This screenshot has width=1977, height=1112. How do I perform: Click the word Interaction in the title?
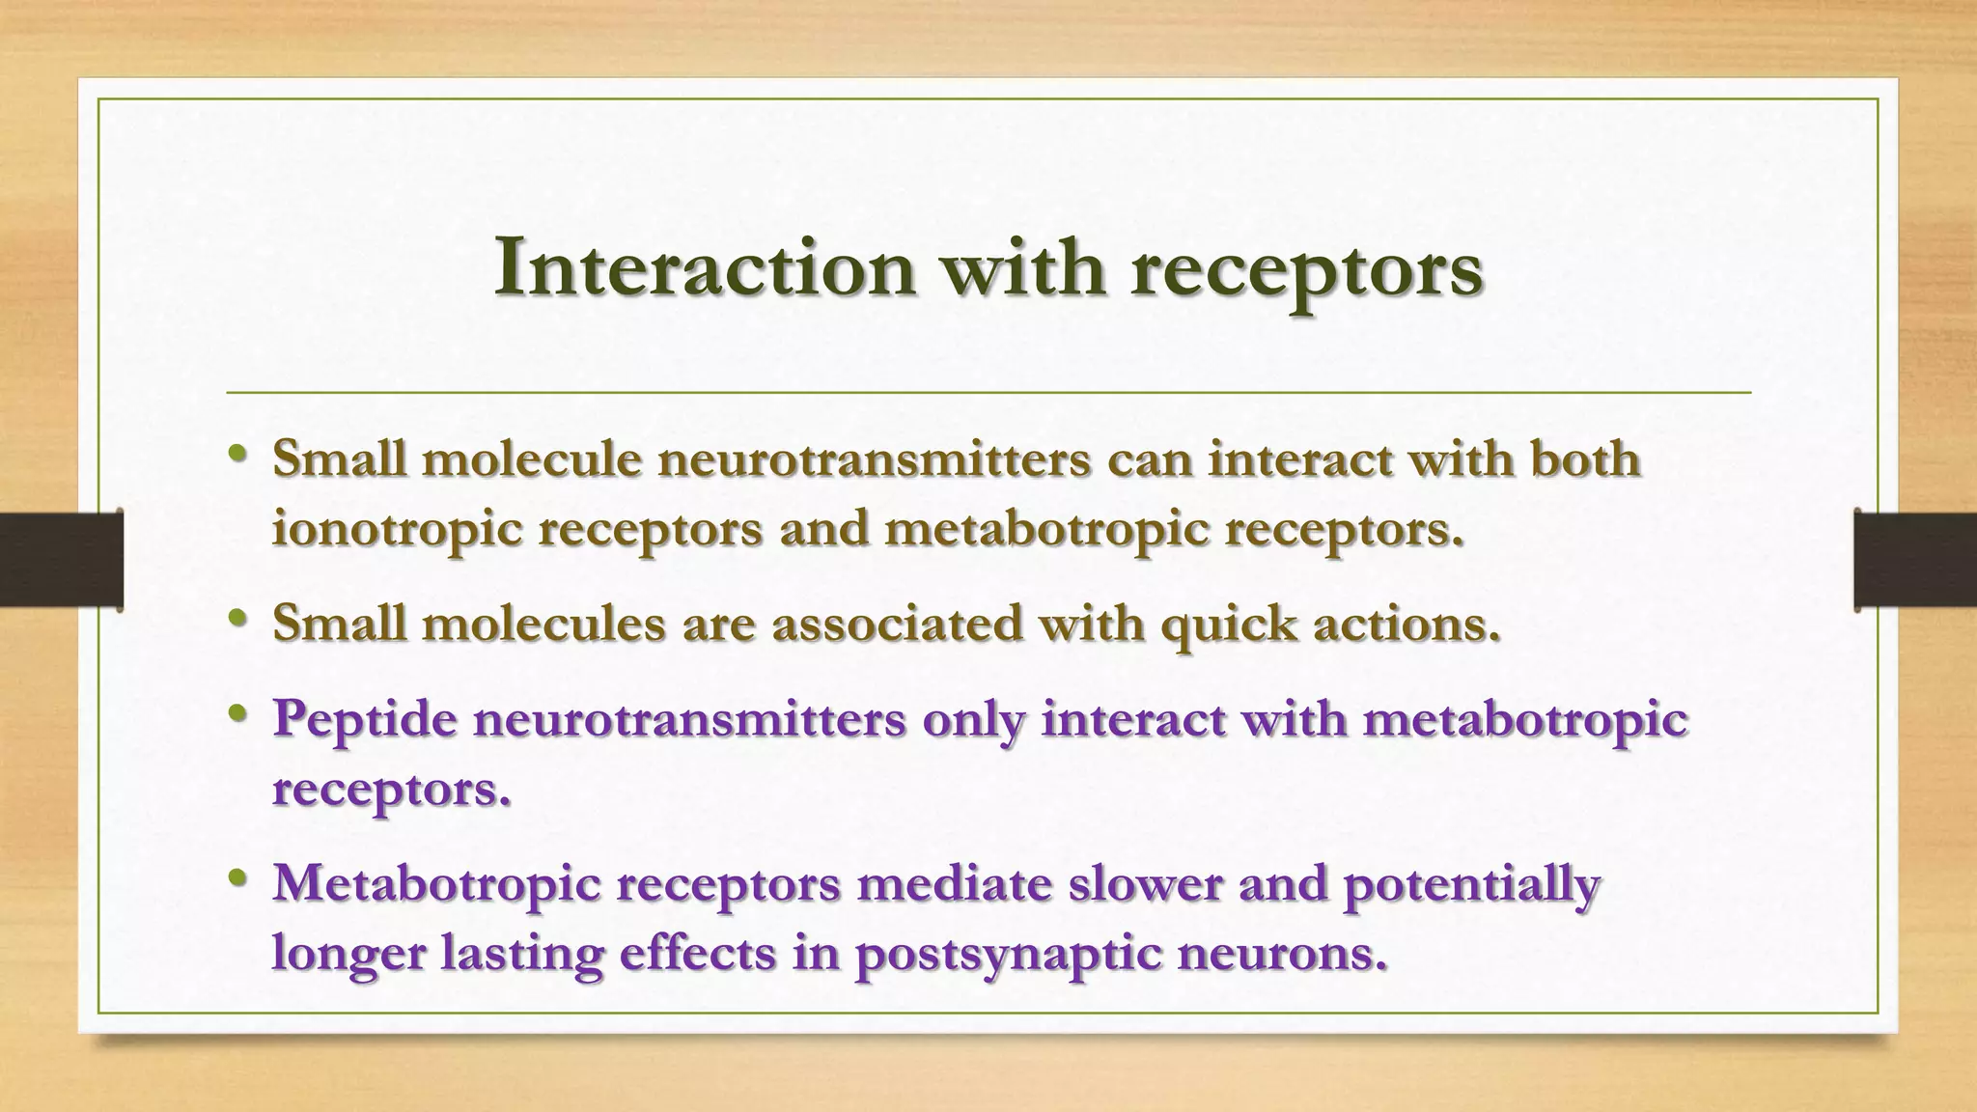pyautogui.click(x=704, y=267)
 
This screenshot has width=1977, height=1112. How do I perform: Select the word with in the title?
pyautogui.click(x=1023, y=267)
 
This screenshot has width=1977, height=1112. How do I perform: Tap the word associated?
pyautogui.click(x=897, y=623)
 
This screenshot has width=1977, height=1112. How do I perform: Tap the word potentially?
pyautogui.click(x=1471, y=884)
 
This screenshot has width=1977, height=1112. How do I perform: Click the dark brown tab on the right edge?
pyautogui.click(x=1915, y=560)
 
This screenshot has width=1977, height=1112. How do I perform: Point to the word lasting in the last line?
pyautogui.click(x=521, y=954)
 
